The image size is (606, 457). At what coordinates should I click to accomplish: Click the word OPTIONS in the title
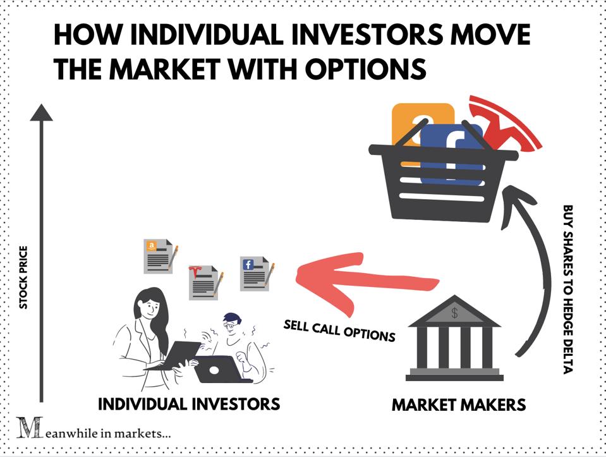tap(366, 69)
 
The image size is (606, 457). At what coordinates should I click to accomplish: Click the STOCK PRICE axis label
tap(23, 277)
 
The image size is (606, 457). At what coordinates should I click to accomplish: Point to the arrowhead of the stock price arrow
tap(41, 113)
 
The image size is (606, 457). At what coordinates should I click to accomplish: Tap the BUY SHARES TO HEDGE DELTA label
tap(567, 289)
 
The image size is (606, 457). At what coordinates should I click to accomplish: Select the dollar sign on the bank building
tap(454, 312)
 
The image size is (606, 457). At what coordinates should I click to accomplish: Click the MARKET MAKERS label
tap(459, 405)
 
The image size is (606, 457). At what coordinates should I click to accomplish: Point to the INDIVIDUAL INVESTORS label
tap(189, 404)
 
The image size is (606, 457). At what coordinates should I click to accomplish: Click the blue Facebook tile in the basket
tap(451, 153)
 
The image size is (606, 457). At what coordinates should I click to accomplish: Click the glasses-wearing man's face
tap(231, 327)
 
